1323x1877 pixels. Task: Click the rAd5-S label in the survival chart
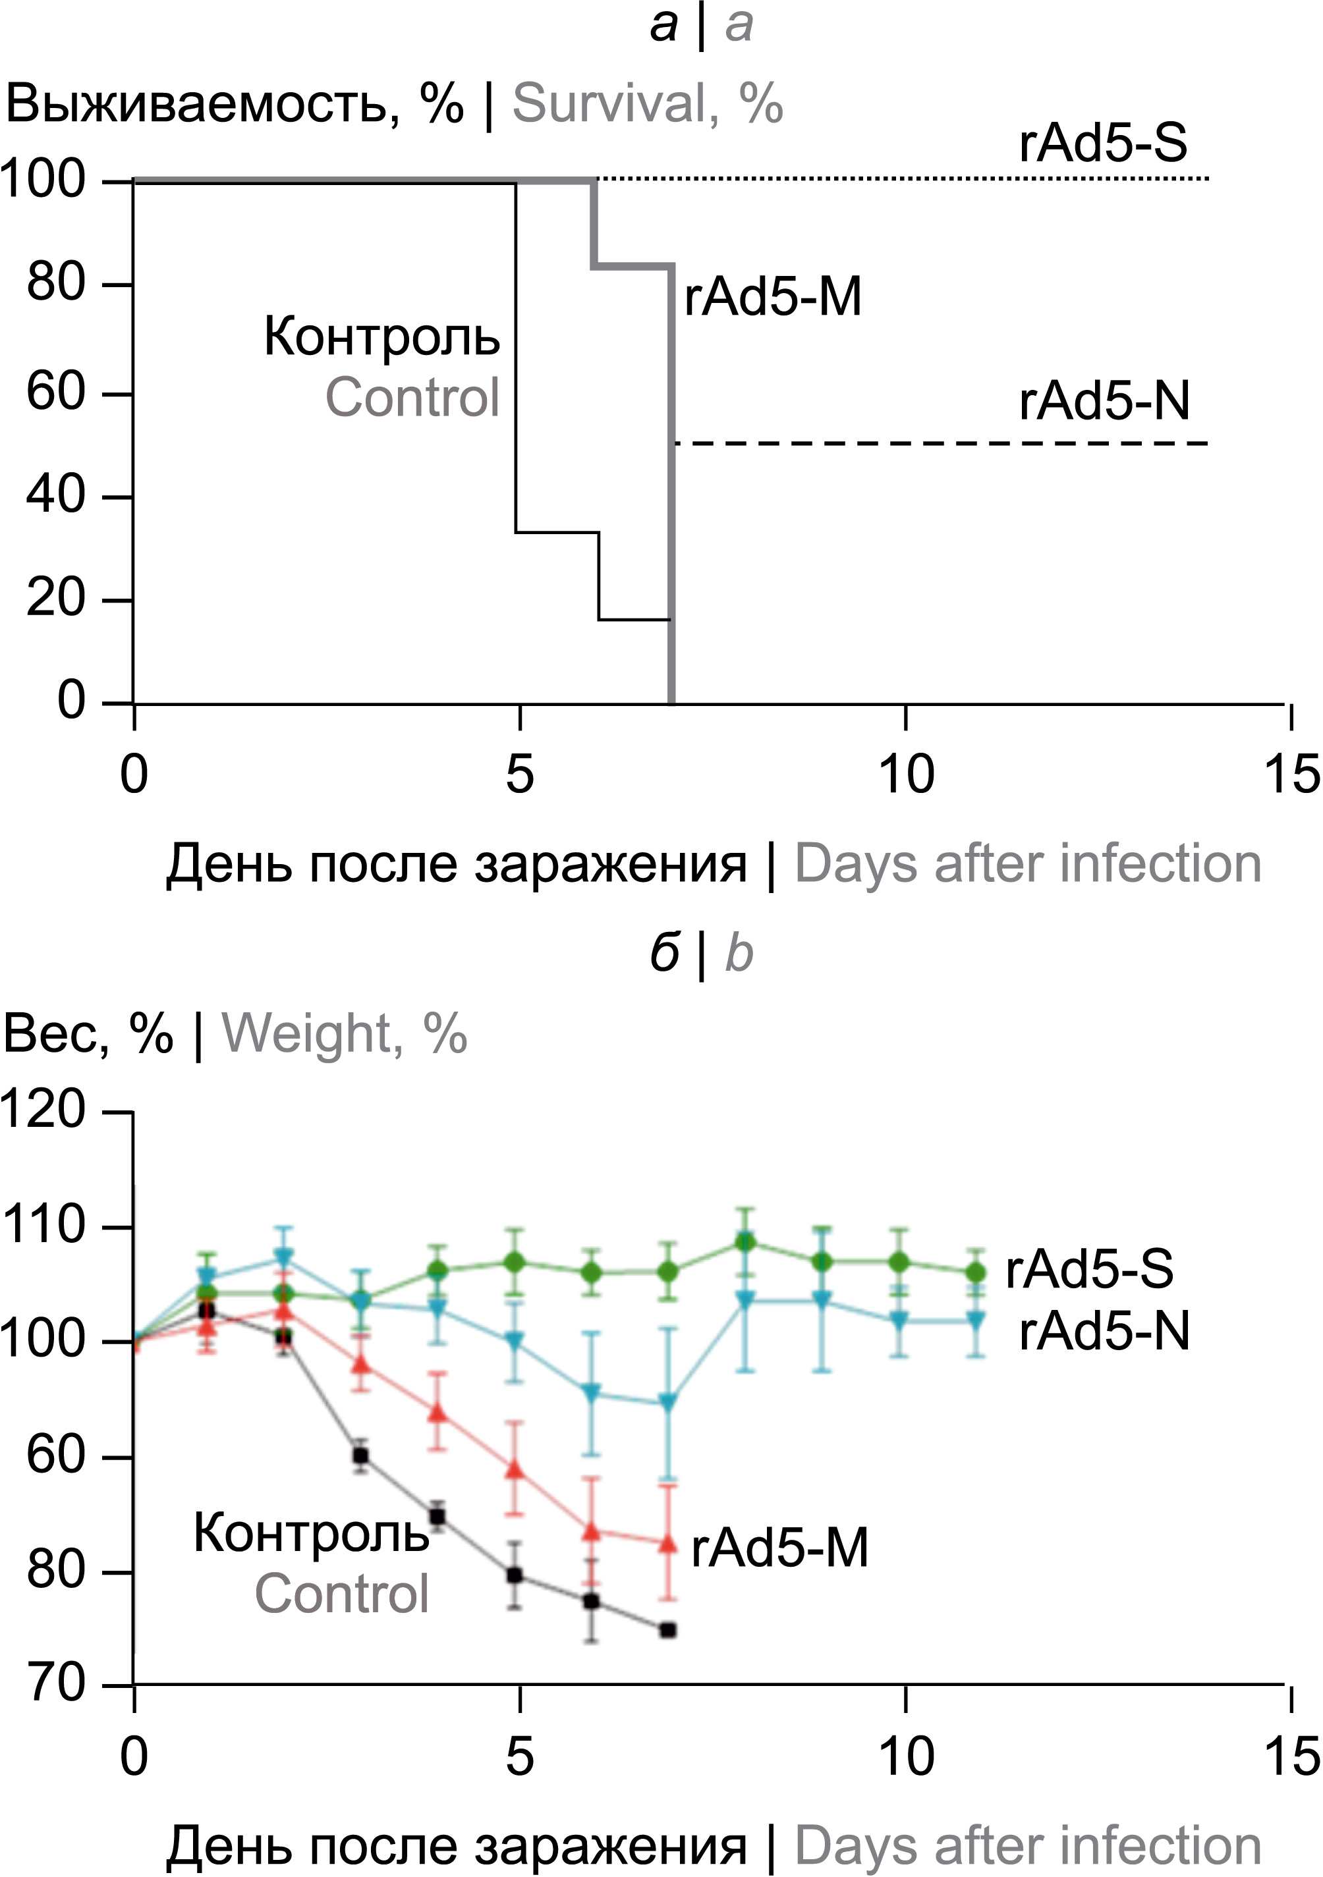1103,143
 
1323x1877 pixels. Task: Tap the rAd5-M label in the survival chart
773,297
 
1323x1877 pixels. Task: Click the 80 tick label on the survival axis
55,284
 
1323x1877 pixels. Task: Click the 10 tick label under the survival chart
906,773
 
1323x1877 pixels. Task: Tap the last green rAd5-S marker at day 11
976,1272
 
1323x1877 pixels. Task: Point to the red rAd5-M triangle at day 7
668,1544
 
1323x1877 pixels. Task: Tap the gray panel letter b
739,953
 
